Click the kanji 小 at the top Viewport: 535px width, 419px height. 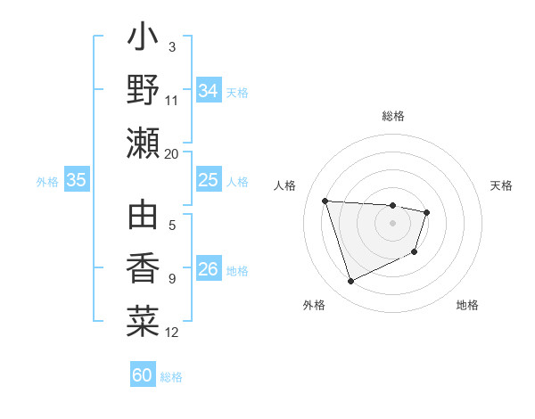point(144,40)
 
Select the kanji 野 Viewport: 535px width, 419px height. point(144,90)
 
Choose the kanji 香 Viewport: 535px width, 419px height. point(144,270)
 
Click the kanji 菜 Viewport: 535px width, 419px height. point(144,321)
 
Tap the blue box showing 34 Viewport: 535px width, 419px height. point(208,90)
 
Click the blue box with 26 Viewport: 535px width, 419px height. point(208,270)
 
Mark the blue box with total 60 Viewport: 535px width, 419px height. point(143,375)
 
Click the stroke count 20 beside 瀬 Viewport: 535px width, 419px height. point(172,153)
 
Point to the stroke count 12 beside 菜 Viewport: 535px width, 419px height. point(172,333)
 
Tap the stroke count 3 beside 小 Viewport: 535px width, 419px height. point(171,46)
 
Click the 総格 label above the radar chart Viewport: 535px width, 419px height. point(393,116)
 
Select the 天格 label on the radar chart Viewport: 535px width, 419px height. point(501,185)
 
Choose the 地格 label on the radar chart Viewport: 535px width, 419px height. point(467,305)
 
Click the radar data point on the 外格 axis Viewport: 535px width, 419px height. point(350,282)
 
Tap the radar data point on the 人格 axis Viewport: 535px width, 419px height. point(325,200)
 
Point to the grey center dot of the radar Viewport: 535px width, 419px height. point(393,222)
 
